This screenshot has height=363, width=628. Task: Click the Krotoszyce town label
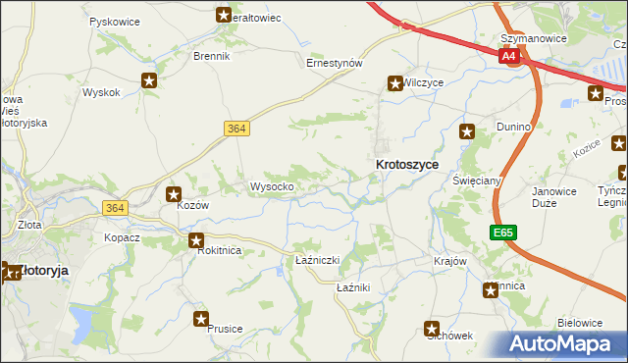click(407, 166)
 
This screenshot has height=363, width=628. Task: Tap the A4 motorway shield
click(507, 57)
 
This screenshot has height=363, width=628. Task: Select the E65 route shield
click(503, 233)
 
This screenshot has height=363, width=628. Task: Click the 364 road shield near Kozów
click(116, 207)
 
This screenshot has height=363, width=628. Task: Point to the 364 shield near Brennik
click(235, 128)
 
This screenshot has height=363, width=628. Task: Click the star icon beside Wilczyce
click(394, 84)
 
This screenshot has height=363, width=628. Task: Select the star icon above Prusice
click(201, 318)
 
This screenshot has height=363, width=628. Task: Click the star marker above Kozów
click(174, 194)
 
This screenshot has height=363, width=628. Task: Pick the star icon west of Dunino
click(468, 130)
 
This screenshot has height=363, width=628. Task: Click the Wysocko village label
click(272, 186)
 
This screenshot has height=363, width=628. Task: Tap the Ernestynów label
click(335, 63)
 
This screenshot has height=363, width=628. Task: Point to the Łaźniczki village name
click(317, 260)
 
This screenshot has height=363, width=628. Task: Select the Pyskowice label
click(113, 21)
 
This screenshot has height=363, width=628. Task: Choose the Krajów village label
click(448, 262)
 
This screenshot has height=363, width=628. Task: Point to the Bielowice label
click(579, 322)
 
